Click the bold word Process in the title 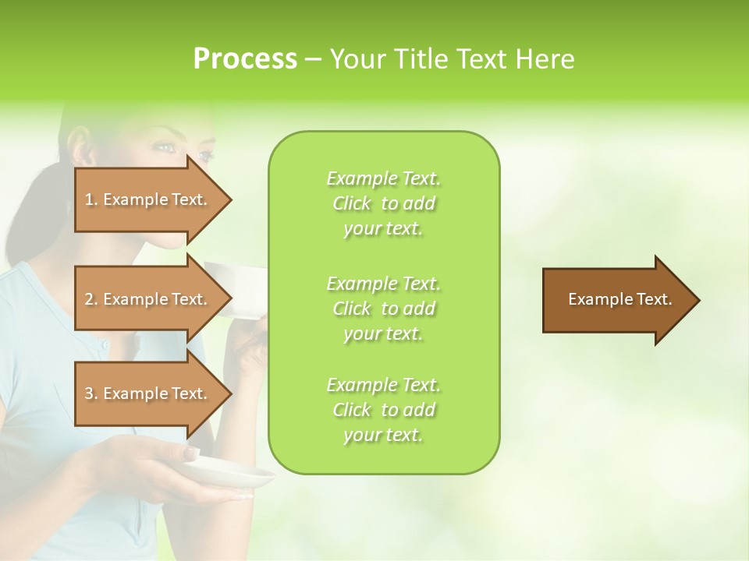coord(245,59)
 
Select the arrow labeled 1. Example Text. coord(148,199)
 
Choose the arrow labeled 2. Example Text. coord(148,299)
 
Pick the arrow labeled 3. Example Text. coord(148,393)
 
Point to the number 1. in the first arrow coord(91,199)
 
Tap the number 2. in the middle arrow coord(91,299)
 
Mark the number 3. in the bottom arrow coord(91,393)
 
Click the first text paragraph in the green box coord(384,203)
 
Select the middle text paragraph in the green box coord(384,308)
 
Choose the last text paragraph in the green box coord(384,410)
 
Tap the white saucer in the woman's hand coord(234,475)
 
